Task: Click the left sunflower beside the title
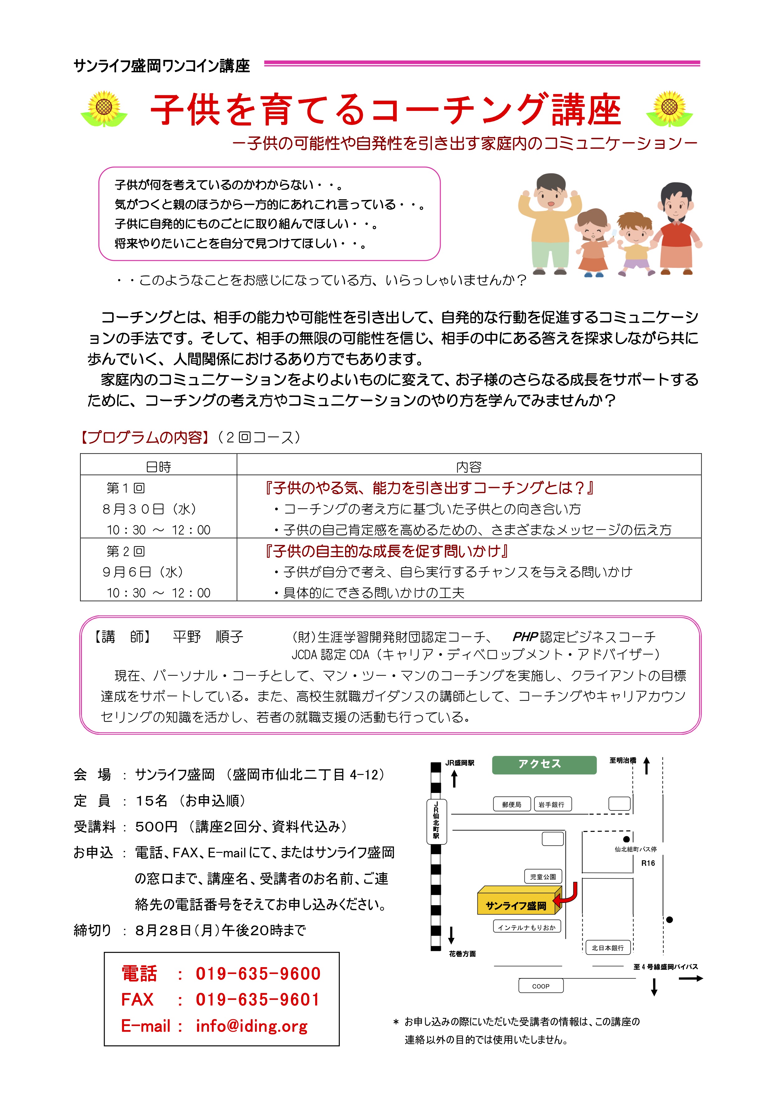pos(104,108)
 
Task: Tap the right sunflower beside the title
pos(669,108)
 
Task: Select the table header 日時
pos(159,466)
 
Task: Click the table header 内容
pos(469,466)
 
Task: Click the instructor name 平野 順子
pos(208,637)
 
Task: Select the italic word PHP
pos(525,637)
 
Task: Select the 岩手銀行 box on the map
pos(552,804)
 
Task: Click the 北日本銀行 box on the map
pos(608,948)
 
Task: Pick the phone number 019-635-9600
pos(258,974)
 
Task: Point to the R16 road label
pos(648,863)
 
